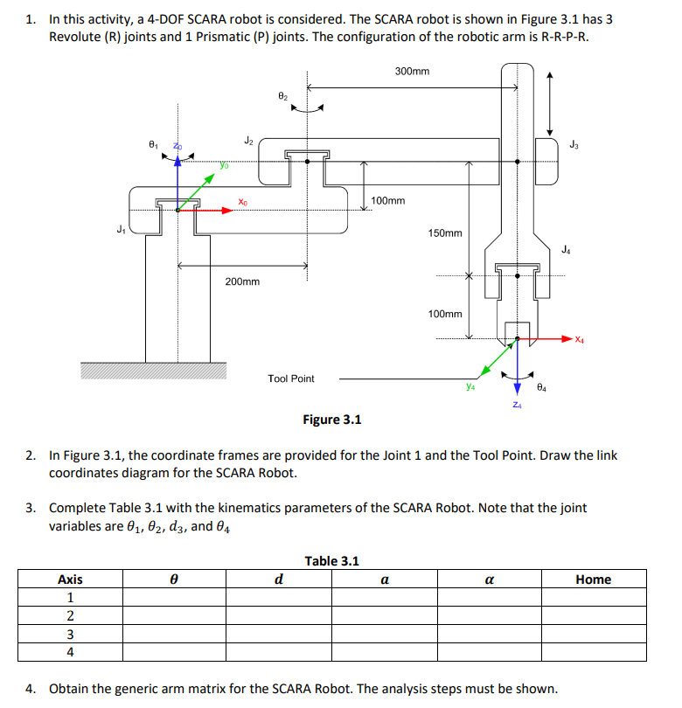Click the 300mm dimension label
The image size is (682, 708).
412,71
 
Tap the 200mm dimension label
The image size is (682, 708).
242,281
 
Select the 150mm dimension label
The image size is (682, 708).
445,233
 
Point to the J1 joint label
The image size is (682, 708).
121,230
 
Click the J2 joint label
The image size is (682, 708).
248,140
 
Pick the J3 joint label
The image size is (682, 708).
573,144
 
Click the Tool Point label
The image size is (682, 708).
291,378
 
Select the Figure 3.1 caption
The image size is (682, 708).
331,420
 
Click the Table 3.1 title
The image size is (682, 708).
331,561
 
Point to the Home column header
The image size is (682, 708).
593,580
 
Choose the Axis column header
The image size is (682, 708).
70,580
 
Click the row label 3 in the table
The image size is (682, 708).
70,634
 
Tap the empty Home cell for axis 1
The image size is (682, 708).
593,598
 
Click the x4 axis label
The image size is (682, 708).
581,339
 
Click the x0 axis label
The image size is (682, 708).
242,202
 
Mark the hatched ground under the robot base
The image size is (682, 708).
153,371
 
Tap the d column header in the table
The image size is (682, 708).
278,580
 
